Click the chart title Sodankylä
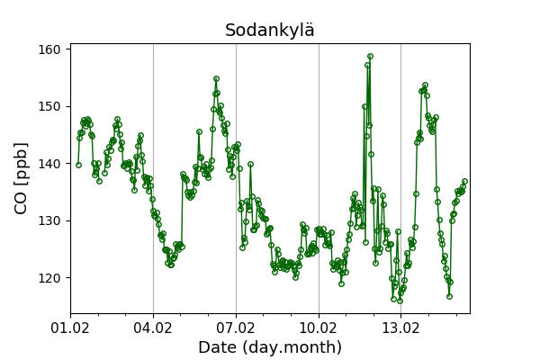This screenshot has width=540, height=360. coord(270,31)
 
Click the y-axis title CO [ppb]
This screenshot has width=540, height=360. coord(22,178)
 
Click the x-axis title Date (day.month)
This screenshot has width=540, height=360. coord(270,347)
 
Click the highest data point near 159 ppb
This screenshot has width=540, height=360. coord(370,56)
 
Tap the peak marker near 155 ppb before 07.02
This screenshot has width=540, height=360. coord(216,78)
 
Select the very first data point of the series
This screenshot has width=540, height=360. coord(78,165)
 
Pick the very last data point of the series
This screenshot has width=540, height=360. coord(464,181)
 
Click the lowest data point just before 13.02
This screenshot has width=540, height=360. coord(400,300)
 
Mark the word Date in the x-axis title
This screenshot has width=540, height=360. coord(217,347)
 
